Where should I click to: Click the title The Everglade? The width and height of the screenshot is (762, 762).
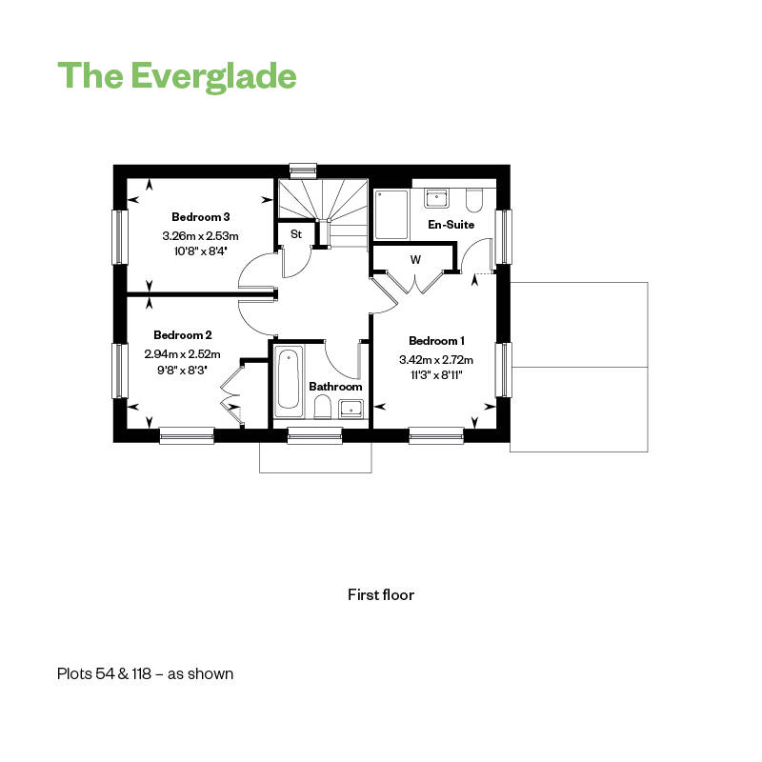pyautogui.click(x=177, y=76)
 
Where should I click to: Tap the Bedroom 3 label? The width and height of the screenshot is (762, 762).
pyautogui.click(x=200, y=217)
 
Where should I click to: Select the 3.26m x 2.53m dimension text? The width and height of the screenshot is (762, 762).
pyautogui.click(x=200, y=236)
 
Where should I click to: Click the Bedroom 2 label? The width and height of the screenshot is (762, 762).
pyautogui.click(x=182, y=335)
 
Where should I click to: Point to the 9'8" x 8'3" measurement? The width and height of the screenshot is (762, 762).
pyautogui.click(x=182, y=370)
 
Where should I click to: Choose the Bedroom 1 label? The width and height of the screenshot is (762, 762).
pyautogui.click(x=436, y=341)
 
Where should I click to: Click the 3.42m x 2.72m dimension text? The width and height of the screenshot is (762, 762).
pyautogui.click(x=436, y=360)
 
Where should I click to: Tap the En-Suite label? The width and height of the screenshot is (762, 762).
pyautogui.click(x=451, y=225)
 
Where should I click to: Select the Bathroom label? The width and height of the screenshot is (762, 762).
pyautogui.click(x=335, y=387)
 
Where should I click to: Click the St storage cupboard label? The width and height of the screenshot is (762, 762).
pyautogui.click(x=296, y=233)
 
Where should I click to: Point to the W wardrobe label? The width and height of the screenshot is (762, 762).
pyautogui.click(x=415, y=260)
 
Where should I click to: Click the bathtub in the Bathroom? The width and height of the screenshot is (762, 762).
pyautogui.click(x=289, y=381)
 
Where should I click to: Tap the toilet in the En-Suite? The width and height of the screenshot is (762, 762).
pyautogui.click(x=473, y=200)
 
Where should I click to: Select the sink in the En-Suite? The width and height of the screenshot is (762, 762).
pyautogui.click(x=436, y=198)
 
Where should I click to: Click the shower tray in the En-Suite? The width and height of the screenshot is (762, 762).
pyautogui.click(x=391, y=214)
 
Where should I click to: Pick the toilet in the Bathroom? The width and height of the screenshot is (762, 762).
pyautogui.click(x=322, y=407)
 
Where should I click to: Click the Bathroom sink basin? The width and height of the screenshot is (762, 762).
pyautogui.click(x=351, y=409)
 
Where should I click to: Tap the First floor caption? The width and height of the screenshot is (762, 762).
pyautogui.click(x=381, y=594)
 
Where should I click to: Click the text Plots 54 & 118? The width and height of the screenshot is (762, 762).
pyautogui.click(x=105, y=674)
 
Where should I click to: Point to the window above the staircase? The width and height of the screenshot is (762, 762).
pyautogui.click(x=303, y=169)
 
